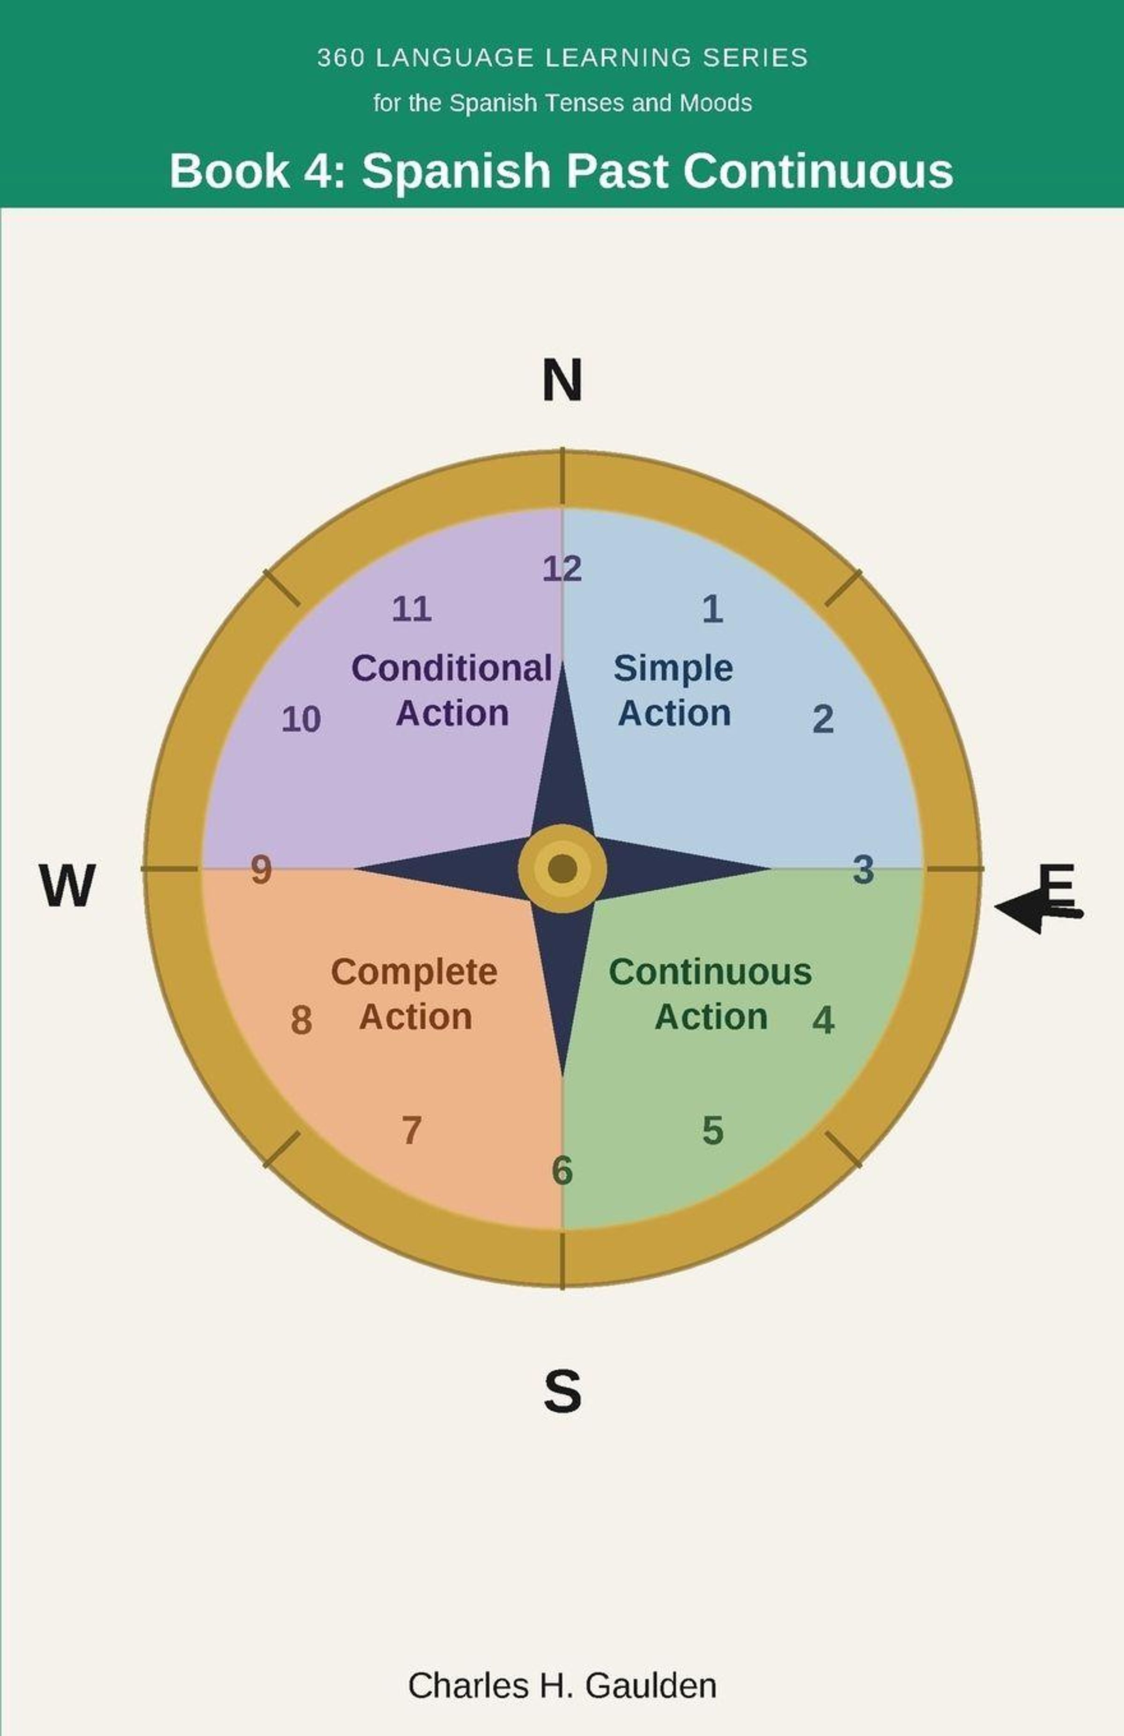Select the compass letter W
click(x=67, y=886)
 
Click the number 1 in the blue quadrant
click(x=712, y=608)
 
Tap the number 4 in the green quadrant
click(x=823, y=1020)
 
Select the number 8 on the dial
click(x=302, y=1020)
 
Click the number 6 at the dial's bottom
click(x=562, y=1171)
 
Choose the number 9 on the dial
click(x=261, y=870)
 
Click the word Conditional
click(x=451, y=668)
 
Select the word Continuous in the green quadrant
click(x=710, y=972)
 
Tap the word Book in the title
click(x=229, y=171)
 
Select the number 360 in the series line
click(x=341, y=58)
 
